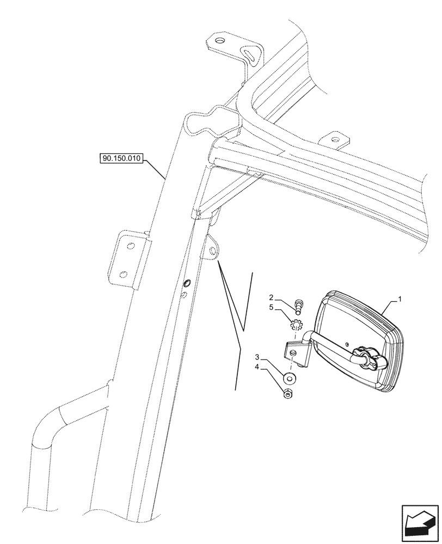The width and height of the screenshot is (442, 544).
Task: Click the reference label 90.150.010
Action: click(x=120, y=159)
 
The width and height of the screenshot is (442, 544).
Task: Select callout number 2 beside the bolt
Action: click(x=271, y=298)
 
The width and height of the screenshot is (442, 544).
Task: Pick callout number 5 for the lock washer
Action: click(x=271, y=307)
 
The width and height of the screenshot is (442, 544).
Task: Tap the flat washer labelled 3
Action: click(x=290, y=378)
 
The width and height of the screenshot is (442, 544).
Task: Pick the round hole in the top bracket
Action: click(x=219, y=41)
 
